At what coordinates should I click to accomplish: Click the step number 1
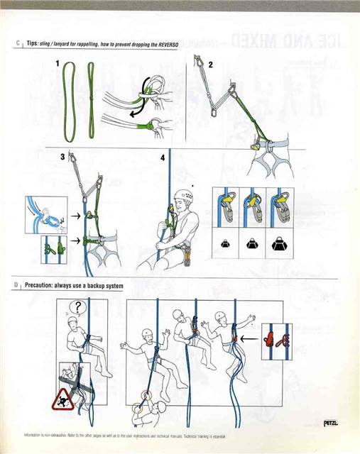click(x=58, y=64)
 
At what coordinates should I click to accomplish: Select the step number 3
click(x=62, y=157)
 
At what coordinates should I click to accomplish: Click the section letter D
click(x=15, y=286)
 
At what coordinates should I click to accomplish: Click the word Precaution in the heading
click(x=43, y=286)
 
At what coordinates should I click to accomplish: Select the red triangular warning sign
click(x=62, y=399)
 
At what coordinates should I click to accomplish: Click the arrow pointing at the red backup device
click(x=249, y=339)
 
